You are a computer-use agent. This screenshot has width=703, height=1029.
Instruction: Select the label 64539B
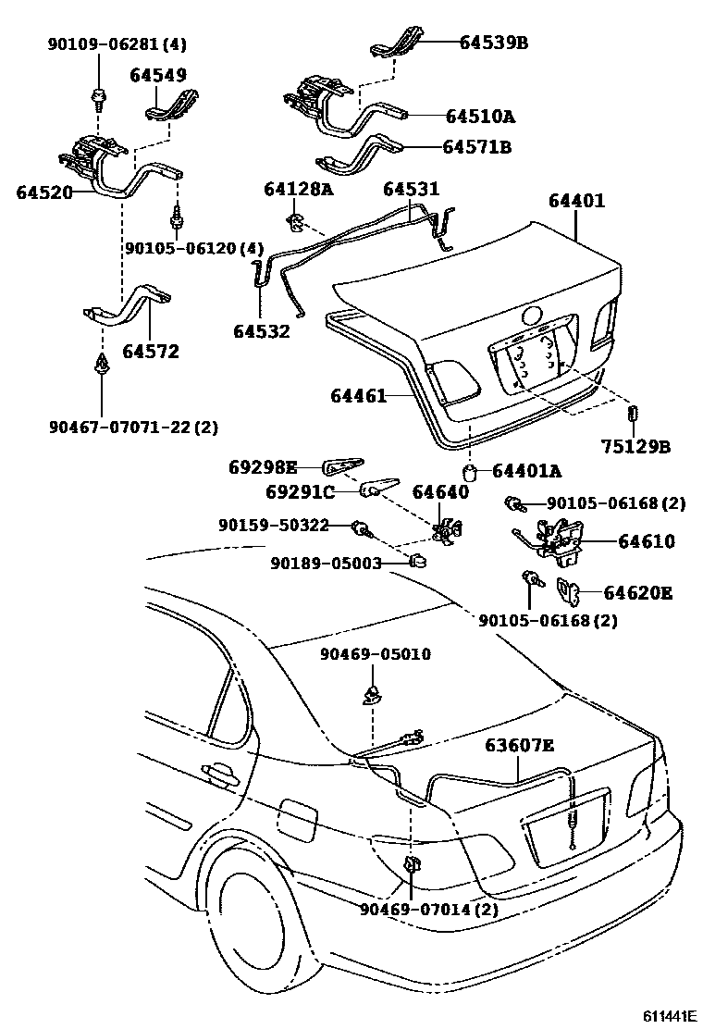[x=494, y=42]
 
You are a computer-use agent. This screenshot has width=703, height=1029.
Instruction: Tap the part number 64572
[x=150, y=352]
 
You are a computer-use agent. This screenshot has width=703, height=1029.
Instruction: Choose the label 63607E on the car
[x=520, y=747]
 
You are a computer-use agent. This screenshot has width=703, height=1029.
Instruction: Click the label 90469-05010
[x=376, y=654]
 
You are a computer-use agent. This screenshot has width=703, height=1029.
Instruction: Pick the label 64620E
[x=638, y=592]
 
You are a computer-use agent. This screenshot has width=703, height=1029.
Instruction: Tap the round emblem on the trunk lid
[x=533, y=316]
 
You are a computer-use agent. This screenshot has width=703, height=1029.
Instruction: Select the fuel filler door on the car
[x=300, y=816]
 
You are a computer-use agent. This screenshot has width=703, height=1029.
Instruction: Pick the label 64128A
[x=298, y=189]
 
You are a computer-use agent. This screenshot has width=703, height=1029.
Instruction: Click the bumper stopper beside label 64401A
[x=470, y=474]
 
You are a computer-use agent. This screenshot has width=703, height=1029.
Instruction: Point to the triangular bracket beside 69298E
[x=343, y=465]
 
